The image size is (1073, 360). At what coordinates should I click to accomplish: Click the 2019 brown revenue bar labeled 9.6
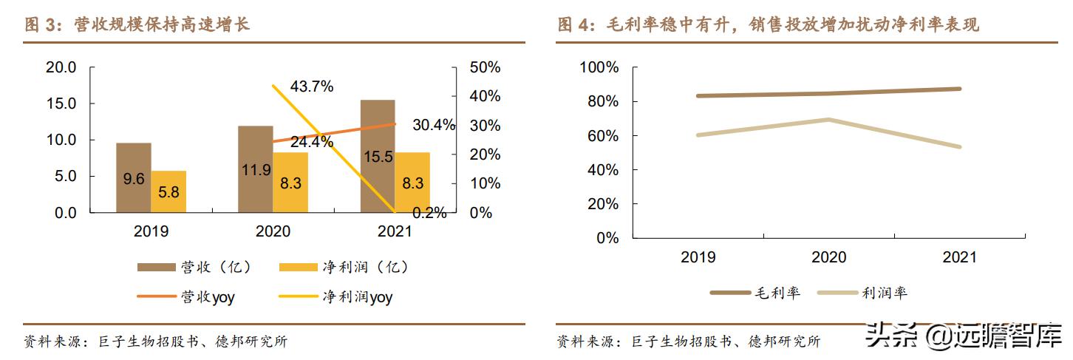pos(134,178)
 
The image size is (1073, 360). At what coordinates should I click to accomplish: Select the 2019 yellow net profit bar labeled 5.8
pos(168,192)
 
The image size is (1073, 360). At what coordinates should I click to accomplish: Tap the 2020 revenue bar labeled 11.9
pos(256,169)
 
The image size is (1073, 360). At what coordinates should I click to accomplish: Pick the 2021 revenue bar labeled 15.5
pos(378,157)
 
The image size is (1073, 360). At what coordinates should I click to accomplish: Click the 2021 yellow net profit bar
pos(412,183)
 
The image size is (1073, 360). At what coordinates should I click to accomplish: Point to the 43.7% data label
pos(311,86)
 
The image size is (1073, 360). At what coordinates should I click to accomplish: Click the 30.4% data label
pos(434,125)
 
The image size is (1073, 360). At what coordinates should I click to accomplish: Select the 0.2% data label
pos(429,213)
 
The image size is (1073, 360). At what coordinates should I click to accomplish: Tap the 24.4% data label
pos(311,143)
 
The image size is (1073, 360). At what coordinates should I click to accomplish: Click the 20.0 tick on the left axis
pos(61,67)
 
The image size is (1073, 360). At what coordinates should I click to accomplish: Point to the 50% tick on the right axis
pos(485,67)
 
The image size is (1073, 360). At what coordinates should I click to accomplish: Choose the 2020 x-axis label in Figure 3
pos(273,231)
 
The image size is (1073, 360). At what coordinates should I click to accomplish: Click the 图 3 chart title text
pos(137,25)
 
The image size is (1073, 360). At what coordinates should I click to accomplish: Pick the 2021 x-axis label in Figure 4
pos(959,257)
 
